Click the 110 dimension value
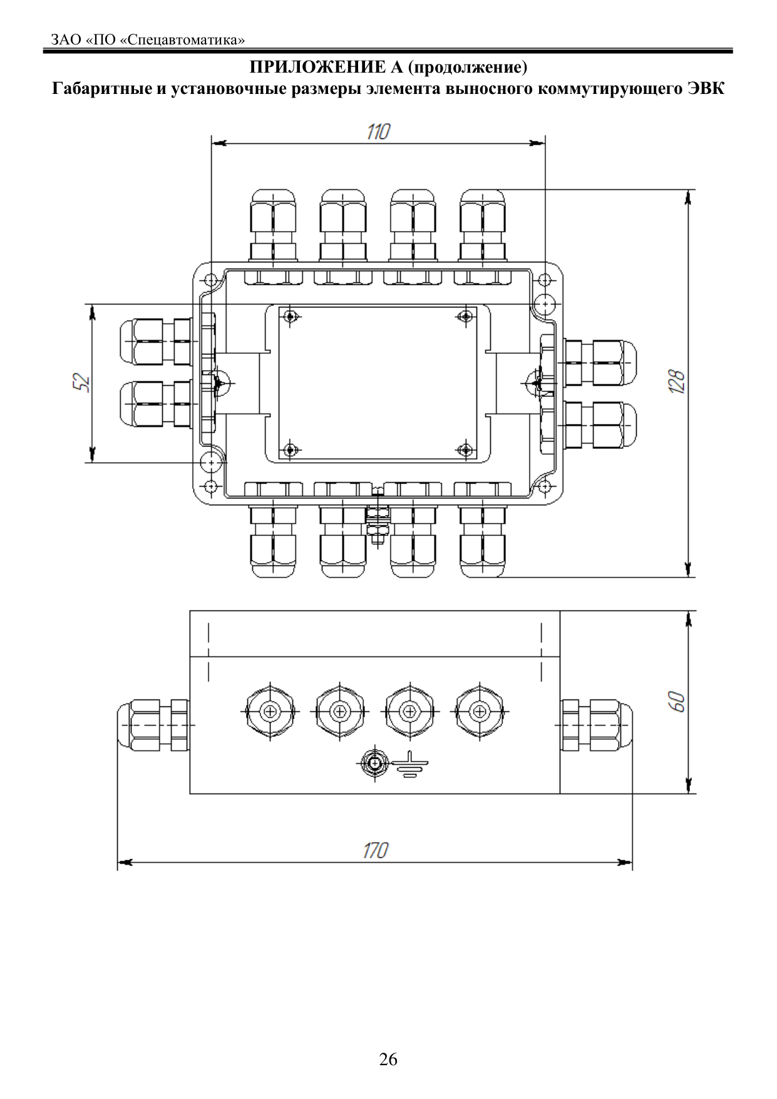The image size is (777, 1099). pyautogui.click(x=378, y=132)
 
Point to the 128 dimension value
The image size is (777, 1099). pyautogui.click(x=676, y=381)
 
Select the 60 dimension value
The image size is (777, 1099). pyautogui.click(x=676, y=702)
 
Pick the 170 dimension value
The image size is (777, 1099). pyautogui.click(x=375, y=850)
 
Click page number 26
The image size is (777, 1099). pyautogui.click(x=388, y=1059)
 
